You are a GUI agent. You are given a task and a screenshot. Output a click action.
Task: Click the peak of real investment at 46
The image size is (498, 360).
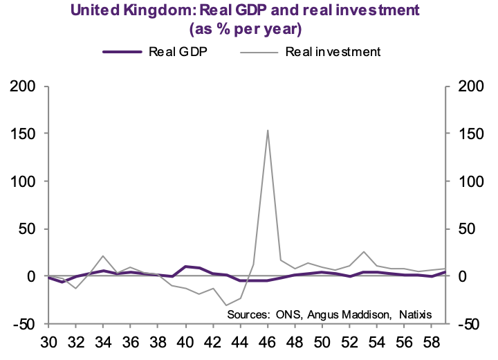(x=268, y=130)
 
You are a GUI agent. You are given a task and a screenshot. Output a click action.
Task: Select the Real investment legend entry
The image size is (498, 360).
(x=333, y=51)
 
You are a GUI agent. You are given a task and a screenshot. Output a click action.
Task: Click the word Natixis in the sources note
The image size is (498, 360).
(x=413, y=314)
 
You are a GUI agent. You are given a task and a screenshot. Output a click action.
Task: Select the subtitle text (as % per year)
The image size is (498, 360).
(x=249, y=29)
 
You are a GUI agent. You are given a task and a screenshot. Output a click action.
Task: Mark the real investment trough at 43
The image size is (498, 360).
(x=226, y=305)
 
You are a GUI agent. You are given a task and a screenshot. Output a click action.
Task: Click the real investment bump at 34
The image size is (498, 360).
(x=103, y=256)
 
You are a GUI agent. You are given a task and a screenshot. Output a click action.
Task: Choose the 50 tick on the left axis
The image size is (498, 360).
(x=26, y=228)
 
